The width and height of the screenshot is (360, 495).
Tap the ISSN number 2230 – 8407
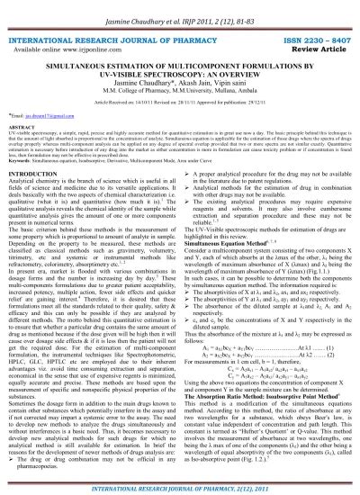coord(305,42)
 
